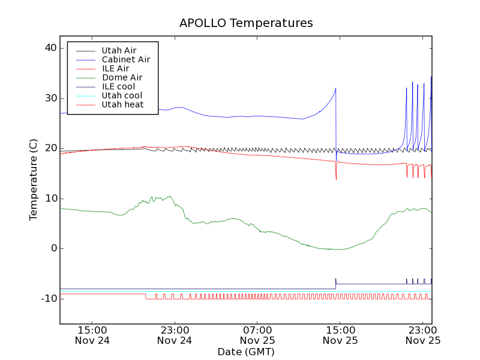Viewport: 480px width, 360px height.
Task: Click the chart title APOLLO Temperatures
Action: pyautogui.click(x=246, y=23)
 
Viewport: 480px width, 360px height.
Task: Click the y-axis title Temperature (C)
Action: pyautogui.click(x=34, y=179)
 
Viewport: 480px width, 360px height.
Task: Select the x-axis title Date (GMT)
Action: pyautogui.click(x=246, y=352)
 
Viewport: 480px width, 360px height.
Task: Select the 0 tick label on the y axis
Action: pyautogui.click(x=53, y=248)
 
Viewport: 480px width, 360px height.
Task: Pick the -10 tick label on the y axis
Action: pyautogui.click(x=47, y=299)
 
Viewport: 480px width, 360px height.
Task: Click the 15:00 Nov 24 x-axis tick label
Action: pyautogui.click(x=92, y=335)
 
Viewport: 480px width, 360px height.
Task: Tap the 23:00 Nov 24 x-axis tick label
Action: pyautogui.click(x=175, y=335)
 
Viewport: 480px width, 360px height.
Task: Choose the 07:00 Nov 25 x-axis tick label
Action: pyautogui.click(x=257, y=335)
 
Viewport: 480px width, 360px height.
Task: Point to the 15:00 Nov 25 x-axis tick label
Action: pyautogui.click(x=340, y=335)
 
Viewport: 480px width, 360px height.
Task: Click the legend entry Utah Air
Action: pyautogui.click(x=119, y=50)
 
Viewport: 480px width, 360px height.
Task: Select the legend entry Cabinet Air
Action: pyautogui.click(x=125, y=59)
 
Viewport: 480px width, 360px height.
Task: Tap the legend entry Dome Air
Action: pyautogui.click(x=122, y=77)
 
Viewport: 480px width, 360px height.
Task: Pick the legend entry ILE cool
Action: pyautogui.click(x=118, y=86)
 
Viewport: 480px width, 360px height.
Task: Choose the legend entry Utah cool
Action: pyautogui.click(x=122, y=95)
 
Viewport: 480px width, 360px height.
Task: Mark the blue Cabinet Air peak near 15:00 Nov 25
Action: pyautogui.click(x=335, y=89)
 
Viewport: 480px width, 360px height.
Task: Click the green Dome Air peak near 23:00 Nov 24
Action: pyautogui.click(x=170, y=196)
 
